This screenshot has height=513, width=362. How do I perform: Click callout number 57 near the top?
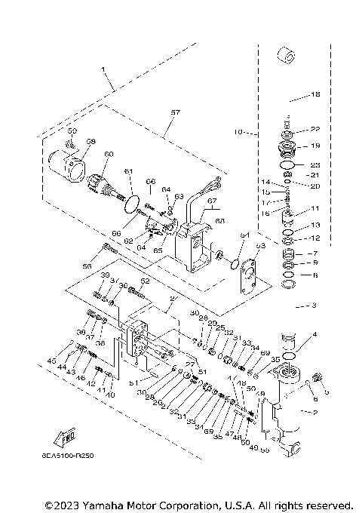click(x=175, y=112)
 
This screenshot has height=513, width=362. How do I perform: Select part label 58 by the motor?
click(x=90, y=142)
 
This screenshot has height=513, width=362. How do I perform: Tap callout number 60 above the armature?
click(x=109, y=154)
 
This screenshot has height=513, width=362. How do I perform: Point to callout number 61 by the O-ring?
click(x=129, y=171)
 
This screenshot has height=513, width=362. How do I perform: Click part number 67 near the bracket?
click(x=213, y=201)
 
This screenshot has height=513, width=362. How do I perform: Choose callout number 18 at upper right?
click(x=316, y=95)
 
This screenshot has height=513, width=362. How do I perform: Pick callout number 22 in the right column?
click(x=315, y=130)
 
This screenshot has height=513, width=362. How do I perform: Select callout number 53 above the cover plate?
click(x=260, y=246)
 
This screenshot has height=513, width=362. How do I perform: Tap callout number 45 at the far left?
click(x=51, y=361)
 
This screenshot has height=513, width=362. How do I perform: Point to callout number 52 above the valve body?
click(x=146, y=281)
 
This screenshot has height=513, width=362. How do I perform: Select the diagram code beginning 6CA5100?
click(x=68, y=456)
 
